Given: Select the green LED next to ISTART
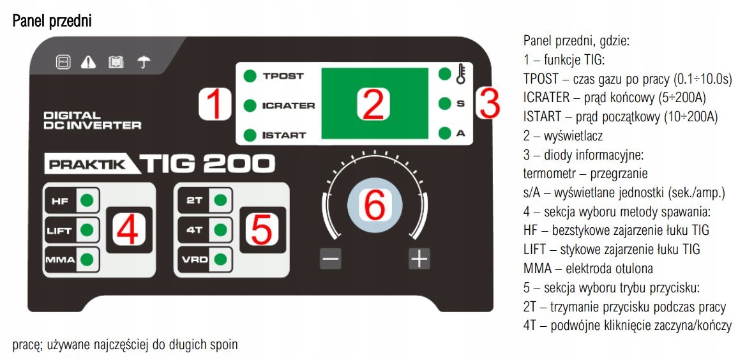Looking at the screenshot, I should pos(250,135).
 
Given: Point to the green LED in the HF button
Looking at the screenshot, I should pos(87,200).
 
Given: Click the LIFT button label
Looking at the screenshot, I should pos(59,230).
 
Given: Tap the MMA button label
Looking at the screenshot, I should pos(59,260).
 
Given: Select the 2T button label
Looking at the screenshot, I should pos(194,200).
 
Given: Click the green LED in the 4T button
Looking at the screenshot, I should pos(221,230).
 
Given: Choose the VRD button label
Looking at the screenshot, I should pos(194,260).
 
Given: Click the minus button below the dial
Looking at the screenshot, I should pos(331,259).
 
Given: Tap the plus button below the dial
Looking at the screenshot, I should pos(419,259).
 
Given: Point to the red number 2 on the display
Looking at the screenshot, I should pos(372,104).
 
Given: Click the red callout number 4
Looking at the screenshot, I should pos(128,230).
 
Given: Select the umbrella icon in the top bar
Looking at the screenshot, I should pos(144,62).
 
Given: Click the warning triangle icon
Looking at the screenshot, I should pos(88,62).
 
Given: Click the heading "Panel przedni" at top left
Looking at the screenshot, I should pos(52,22).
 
